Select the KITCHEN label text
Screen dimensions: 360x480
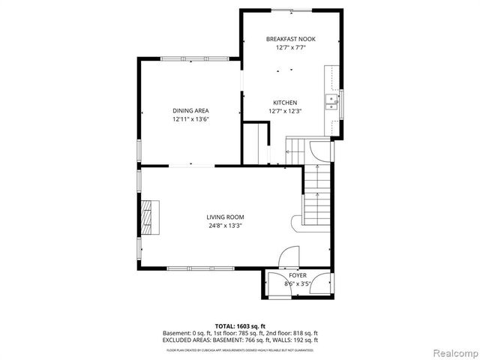tap(285, 103)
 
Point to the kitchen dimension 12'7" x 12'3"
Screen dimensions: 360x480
tap(285, 112)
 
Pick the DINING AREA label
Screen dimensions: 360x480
tap(190, 110)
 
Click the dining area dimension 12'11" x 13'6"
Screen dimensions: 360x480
tap(190, 119)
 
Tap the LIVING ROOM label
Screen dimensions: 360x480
tap(225, 217)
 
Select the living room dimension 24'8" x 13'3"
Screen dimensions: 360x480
tap(225, 226)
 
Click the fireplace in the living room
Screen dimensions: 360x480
tap(152, 217)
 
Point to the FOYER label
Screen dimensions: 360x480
tap(298, 275)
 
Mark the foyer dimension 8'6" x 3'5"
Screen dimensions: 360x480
tap(298, 284)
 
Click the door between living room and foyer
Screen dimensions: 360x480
tap(288, 259)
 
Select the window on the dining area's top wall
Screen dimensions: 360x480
tap(190, 59)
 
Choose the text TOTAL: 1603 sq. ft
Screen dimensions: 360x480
tap(240, 325)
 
